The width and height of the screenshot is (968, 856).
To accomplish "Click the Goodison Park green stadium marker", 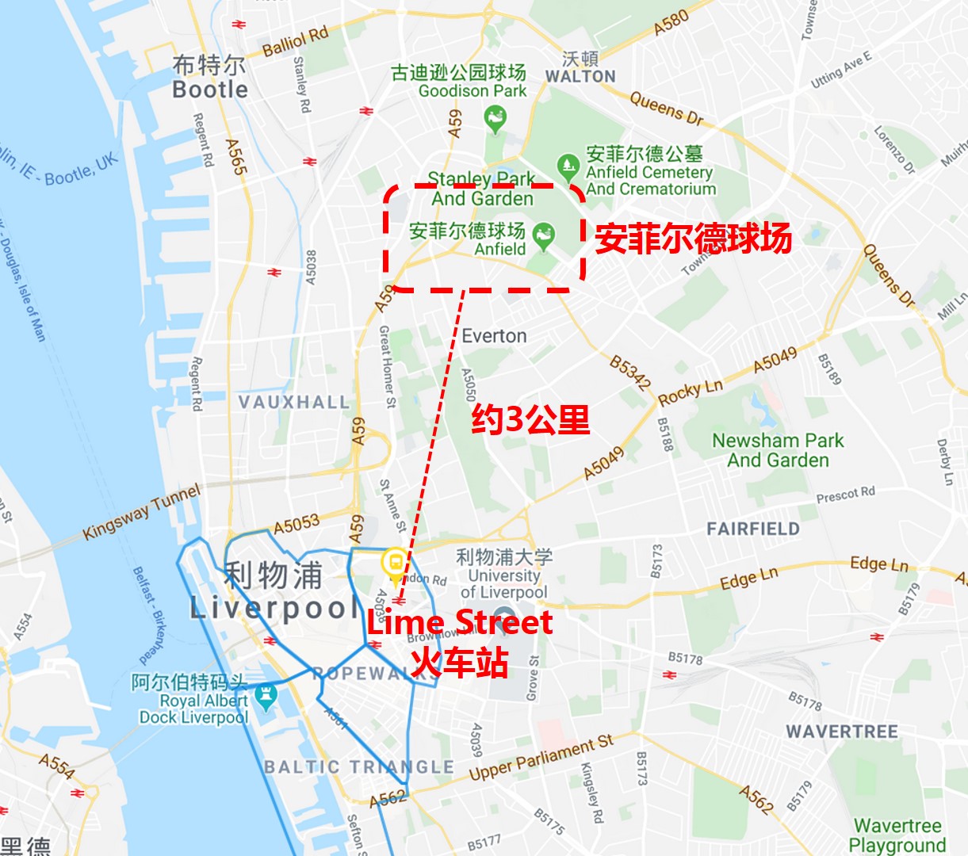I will tap(495, 120).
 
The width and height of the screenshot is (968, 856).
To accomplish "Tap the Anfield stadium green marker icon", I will tap(544, 235).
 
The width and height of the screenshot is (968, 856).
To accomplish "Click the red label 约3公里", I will tap(530, 419).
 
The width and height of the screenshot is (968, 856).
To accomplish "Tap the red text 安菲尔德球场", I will tap(693, 238).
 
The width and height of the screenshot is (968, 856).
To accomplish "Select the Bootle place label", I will tap(210, 90).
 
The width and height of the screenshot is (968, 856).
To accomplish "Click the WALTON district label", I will tap(580, 77).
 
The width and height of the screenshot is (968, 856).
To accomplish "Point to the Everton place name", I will tap(494, 336).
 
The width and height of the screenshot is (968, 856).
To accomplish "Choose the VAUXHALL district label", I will tap(294, 403).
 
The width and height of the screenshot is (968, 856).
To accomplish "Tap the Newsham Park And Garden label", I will tap(778, 450).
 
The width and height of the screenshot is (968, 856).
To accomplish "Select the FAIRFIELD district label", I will tap(753, 529).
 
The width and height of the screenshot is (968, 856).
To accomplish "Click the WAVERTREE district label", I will tap(842, 731).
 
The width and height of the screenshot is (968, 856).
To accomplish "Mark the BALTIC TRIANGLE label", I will tap(358, 766).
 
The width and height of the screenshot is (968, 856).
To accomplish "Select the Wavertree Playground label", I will tap(897, 835).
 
